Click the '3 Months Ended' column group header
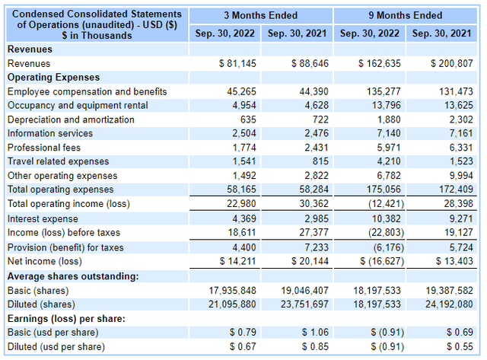(x=261, y=15)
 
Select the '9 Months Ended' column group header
(x=405, y=15)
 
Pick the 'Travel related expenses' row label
(x=59, y=161)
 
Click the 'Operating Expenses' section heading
(x=53, y=78)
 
